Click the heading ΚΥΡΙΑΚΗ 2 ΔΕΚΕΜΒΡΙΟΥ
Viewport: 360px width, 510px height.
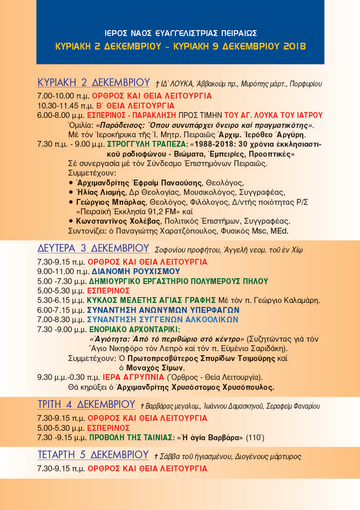tap(94, 83)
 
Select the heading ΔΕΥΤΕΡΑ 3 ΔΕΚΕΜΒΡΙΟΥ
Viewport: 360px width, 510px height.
tap(93, 248)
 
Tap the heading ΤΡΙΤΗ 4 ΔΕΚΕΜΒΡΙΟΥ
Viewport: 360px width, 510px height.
tap(86, 404)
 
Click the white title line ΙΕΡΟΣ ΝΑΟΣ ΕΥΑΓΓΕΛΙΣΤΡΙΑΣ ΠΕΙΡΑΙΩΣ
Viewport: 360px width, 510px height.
tap(180, 33)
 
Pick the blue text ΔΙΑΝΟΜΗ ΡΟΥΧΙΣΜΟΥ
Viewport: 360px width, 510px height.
tap(136, 271)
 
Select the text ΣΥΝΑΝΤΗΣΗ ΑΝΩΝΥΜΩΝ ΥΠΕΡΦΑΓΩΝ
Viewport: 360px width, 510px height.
tap(163, 310)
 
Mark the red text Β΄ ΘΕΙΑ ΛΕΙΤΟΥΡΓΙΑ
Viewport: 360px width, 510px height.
tap(133, 106)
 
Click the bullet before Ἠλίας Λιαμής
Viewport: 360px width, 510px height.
tap(71, 193)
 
